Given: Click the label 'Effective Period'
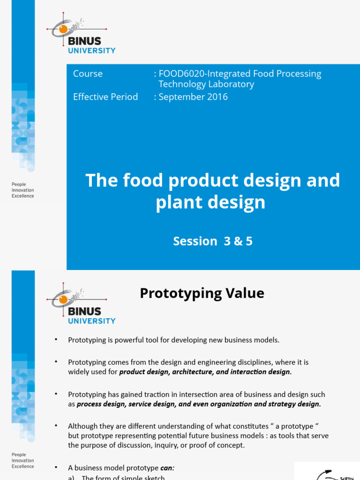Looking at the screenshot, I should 105,97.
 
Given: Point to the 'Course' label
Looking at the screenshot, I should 88,74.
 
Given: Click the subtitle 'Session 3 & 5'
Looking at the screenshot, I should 213,241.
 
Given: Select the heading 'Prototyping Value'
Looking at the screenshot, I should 202,293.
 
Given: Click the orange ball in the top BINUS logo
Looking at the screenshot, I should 63,30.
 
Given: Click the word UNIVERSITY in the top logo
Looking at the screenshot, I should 92,51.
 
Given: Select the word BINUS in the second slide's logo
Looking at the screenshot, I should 85,311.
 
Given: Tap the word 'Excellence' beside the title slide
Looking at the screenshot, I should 23,196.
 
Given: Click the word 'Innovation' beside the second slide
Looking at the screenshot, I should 23,461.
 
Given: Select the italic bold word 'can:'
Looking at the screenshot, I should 167,468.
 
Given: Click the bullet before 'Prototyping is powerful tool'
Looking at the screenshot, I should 56,339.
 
